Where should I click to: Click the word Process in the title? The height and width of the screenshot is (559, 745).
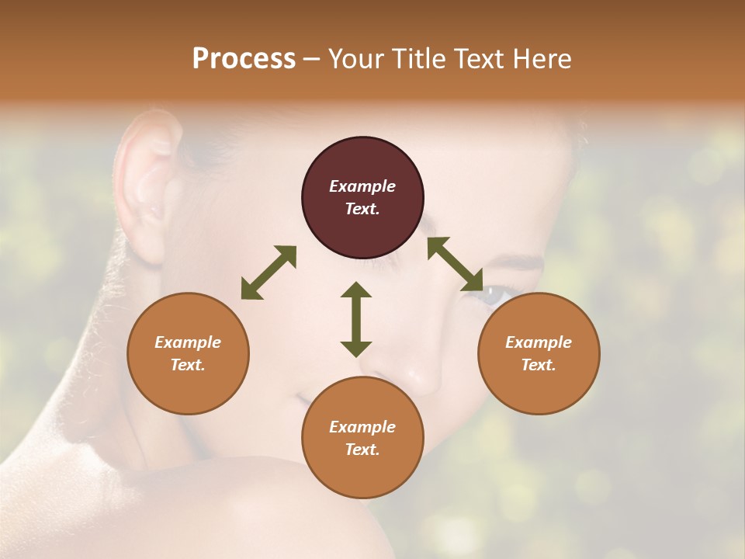(x=244, y=59)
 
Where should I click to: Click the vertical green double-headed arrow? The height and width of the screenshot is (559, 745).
(x=356, y=319)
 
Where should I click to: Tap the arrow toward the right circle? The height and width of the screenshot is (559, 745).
(x=456, y=264)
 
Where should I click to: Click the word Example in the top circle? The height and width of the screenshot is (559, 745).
(x=362, y=186)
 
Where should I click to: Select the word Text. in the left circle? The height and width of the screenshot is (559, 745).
(x=188, y=365)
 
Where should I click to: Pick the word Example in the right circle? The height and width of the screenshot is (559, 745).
(x=539, y=342)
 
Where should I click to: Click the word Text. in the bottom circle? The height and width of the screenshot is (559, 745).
(x=362, y=450)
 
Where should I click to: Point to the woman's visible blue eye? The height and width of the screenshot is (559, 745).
(x=494, y=295)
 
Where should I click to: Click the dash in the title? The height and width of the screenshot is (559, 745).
(x=311, y=60)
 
